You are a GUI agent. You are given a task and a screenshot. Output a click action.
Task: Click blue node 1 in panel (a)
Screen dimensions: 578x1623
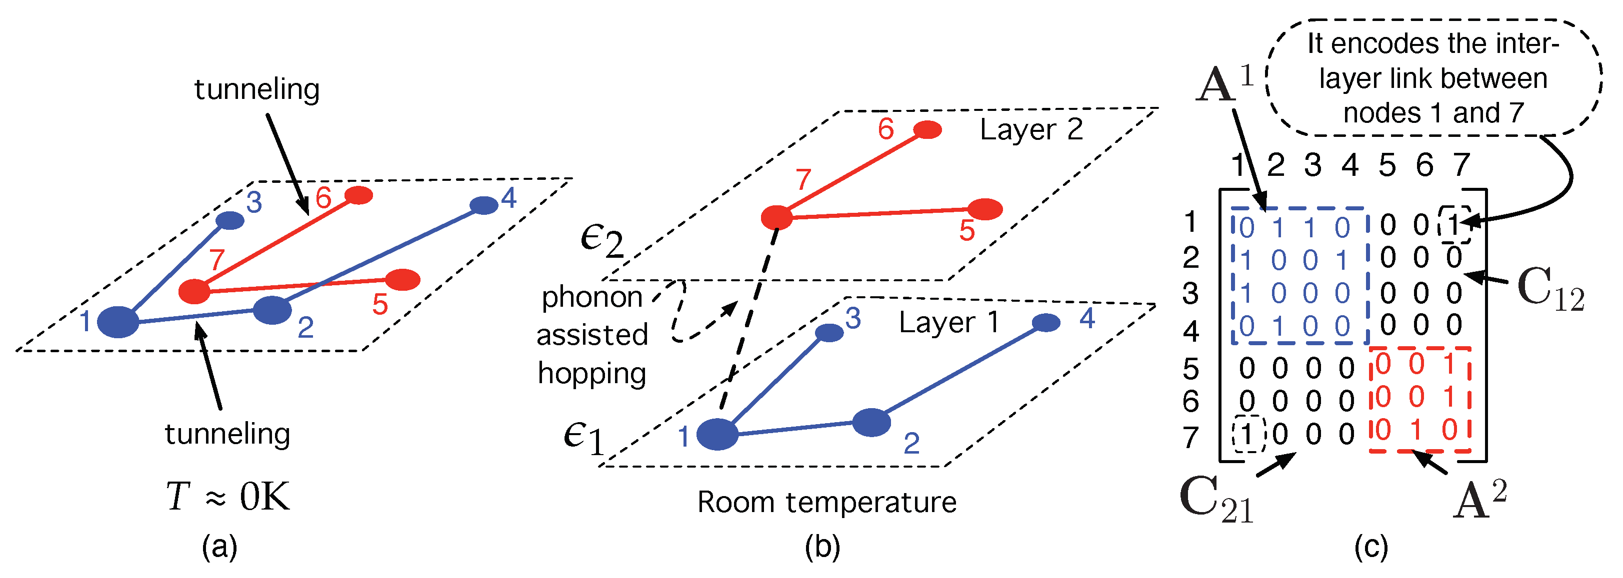point(118,322)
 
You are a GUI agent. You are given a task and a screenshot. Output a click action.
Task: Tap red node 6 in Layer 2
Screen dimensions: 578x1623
point(927,130)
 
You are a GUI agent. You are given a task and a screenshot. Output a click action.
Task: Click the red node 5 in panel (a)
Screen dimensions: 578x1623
point(402,280)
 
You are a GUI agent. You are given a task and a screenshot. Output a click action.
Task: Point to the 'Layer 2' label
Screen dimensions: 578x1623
point(1031,130)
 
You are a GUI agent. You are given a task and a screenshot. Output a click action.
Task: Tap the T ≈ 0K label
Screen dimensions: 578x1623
point(228,497)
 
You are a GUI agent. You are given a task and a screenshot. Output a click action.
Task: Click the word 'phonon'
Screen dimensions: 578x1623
point(591,297)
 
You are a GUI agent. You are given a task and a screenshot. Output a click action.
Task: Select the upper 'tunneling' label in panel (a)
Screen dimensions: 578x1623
point(257,89)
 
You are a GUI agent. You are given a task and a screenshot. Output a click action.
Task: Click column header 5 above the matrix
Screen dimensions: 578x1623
point(1386,165)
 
